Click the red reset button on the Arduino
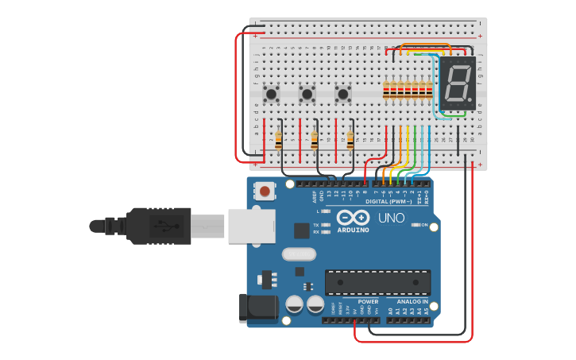click(265, 191)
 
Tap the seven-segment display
click(458, 83)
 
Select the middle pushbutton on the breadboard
click(307, 95)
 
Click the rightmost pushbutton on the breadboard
click(343, 94)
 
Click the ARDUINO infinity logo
click(353, 218)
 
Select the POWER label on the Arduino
click(368, 302)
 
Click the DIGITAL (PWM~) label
click(389, 202)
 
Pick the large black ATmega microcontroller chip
click(377, 282)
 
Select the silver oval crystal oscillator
click(299, 254)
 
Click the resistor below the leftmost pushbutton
click(279, 141)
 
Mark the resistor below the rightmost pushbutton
click(350, 141)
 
